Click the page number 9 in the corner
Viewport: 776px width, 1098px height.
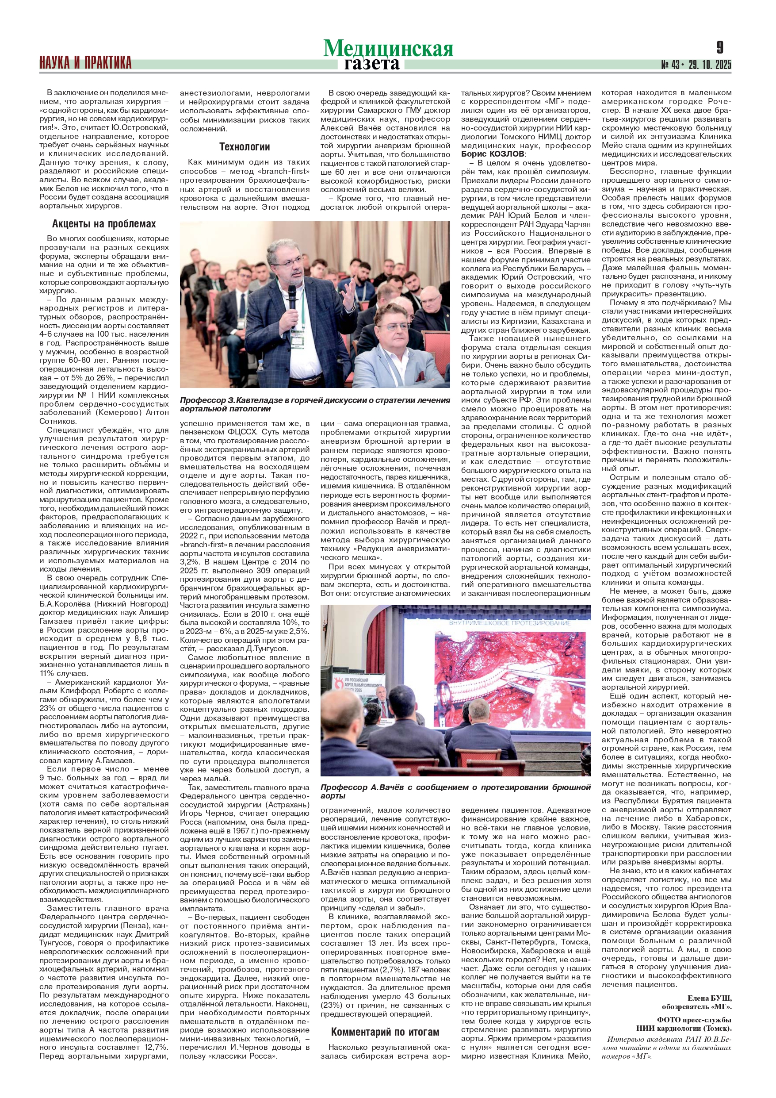coord(719,48)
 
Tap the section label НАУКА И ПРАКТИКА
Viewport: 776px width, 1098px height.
coord(86,63)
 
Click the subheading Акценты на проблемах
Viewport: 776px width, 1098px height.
coord(104,224)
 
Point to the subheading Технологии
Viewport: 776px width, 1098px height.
coord(245,147)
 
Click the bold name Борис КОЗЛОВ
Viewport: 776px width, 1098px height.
coord(493,154)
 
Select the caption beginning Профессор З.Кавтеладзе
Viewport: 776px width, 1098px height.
coord(315,404)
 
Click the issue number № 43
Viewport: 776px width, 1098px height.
coord(671,65)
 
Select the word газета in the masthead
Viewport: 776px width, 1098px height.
coord(371,64)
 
